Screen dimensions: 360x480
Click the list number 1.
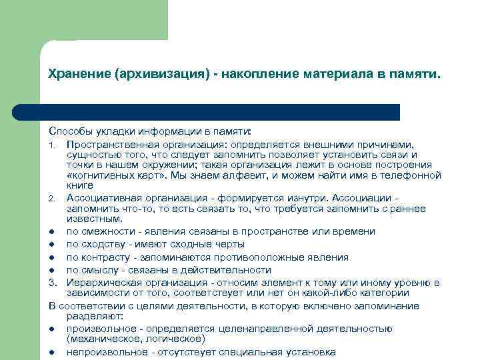click(51, 143)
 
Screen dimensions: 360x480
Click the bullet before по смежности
click(51, 231)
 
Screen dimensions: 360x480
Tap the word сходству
click(99, 244)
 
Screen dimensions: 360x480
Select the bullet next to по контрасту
click(51, 257)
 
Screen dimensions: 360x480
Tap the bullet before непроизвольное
click(51, 352)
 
